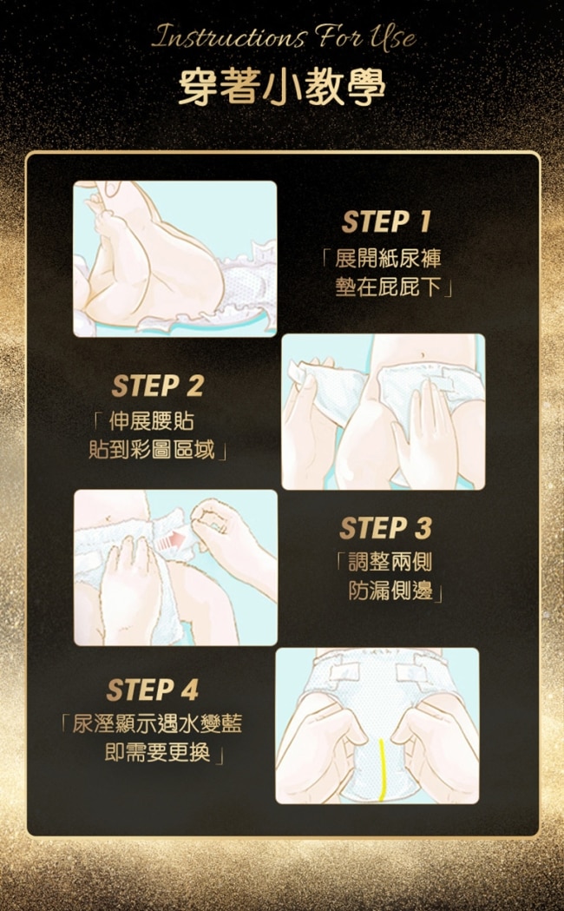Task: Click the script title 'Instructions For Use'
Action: click(284, 37)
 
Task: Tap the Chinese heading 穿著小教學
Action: click(282, 87)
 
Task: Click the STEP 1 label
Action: click(386, 221)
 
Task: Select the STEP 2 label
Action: click(158, 386)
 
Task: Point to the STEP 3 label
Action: click(386, 528)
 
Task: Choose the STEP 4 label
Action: click(153, 690)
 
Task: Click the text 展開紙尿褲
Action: click(388, 259)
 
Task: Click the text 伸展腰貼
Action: click(151, 421)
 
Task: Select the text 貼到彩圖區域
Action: click(152, 450)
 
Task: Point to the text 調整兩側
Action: click(390, 562)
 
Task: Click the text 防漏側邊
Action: click(390, 591)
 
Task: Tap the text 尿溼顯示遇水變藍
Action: click(157, 724)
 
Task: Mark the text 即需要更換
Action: click(157, 754)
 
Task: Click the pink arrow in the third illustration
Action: click(170, 542)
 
